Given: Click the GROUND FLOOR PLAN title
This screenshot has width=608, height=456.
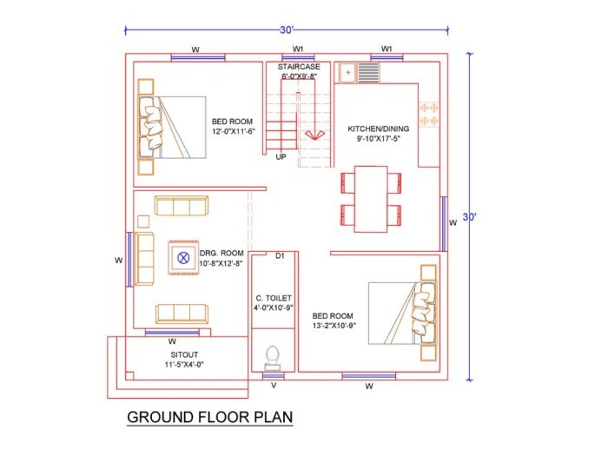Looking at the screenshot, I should tap(210, 417).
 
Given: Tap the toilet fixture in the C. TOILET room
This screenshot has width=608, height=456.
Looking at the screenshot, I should tap(273, 357).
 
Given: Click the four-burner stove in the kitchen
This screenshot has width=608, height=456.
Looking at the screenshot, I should tap(429, 116).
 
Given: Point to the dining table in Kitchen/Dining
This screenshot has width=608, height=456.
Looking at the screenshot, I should tap(371, 199).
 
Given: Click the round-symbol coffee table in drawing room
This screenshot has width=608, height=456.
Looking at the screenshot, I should tap(183, 257).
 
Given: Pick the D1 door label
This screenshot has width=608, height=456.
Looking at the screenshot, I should tap(280, 256).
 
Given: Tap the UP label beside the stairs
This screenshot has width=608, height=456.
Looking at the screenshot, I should tap(281, 157).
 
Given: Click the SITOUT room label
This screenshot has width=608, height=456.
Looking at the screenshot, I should tap(183, 355).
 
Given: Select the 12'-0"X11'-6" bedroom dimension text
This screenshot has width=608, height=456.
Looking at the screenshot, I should tap(233, 132).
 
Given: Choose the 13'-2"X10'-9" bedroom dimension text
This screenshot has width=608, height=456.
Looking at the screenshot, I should tap(334, 326).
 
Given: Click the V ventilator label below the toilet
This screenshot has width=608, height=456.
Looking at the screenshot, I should tap(274, 385).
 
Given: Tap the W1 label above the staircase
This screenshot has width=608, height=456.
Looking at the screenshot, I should tap(298, 49).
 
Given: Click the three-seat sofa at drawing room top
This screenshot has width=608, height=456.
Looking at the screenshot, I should tap(182, 206).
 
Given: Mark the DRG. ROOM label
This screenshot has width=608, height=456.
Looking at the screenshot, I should tap(221, 253).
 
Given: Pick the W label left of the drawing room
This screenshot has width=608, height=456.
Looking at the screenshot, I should tap(118, 259).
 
